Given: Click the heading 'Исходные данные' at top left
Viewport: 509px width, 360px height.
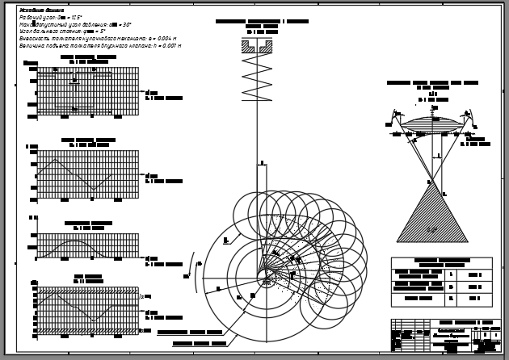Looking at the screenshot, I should point(41,10).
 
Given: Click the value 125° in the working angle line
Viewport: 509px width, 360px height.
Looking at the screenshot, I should point(74,17).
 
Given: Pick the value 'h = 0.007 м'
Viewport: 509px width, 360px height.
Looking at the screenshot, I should point(166,46).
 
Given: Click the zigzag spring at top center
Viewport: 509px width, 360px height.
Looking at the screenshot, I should point(257,77).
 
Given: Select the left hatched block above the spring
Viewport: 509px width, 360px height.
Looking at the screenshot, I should point(248,47).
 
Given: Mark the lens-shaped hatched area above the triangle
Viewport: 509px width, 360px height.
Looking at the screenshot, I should point(432,124).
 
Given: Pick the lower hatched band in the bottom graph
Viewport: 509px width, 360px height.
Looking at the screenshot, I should point(87,331).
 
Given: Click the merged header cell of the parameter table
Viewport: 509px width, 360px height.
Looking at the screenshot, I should point(441,262).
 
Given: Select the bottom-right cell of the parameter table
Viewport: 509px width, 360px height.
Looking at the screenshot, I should point(475,299).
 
